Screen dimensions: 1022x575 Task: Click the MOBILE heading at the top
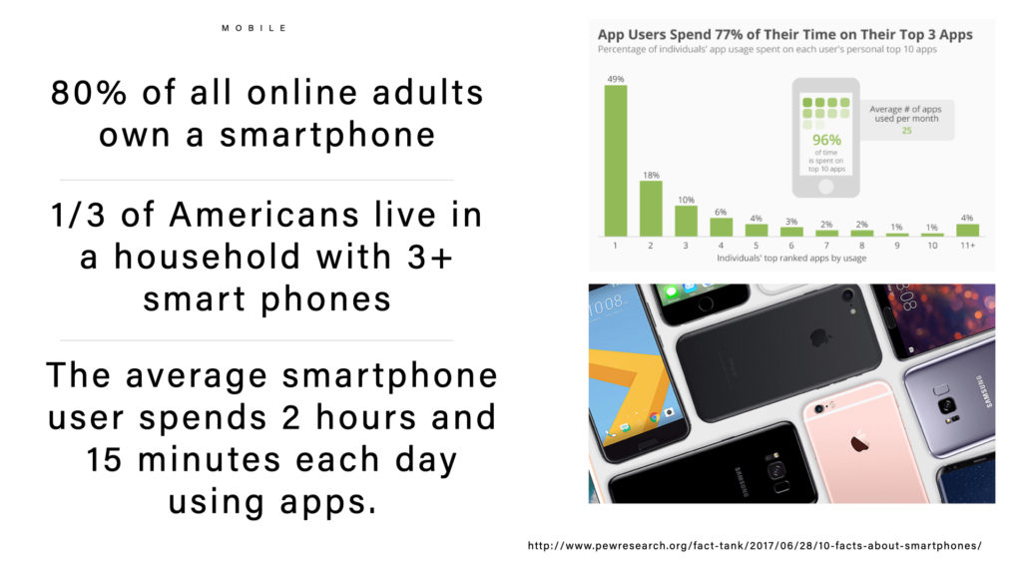[255, 28]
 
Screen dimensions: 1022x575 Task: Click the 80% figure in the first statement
[89, 93]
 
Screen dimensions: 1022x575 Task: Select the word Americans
[263, 216]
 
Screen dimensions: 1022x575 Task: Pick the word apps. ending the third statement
[328, 503]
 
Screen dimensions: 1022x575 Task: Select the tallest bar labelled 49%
[615, 161]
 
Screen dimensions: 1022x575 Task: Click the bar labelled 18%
[651, 209]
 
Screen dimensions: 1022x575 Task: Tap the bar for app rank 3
[686, 221]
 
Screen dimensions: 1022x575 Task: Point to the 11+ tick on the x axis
[967, 246]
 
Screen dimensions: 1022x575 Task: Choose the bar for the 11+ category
[967, 231]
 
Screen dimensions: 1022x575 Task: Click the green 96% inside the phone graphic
[826, 140]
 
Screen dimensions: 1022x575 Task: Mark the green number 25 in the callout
[906, 131]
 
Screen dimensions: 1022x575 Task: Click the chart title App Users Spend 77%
[784, 35]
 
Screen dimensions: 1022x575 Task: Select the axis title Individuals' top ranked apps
[791, 259]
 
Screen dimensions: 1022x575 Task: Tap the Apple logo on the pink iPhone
[860, 442]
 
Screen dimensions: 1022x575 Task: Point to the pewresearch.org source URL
[755, 546]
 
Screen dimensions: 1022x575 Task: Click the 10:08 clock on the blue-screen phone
[606, 305]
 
